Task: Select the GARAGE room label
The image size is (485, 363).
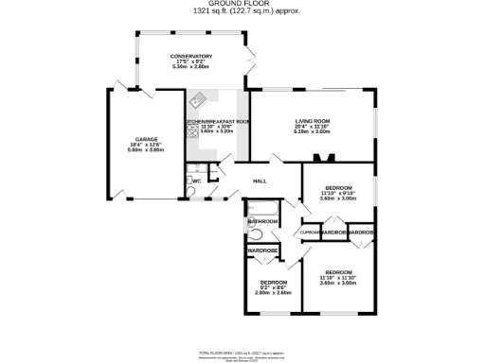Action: [145, 140]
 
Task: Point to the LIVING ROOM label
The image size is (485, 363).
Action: [313, 121]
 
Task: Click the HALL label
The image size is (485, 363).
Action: [259, 181]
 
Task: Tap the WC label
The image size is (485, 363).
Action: [197, 180]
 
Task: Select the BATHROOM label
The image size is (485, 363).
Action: [262, 221]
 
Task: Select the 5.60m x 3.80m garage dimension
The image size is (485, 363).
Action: [145, 150]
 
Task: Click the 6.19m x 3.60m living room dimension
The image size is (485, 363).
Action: [313, 131]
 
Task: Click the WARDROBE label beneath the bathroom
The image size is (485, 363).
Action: [262, 251]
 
